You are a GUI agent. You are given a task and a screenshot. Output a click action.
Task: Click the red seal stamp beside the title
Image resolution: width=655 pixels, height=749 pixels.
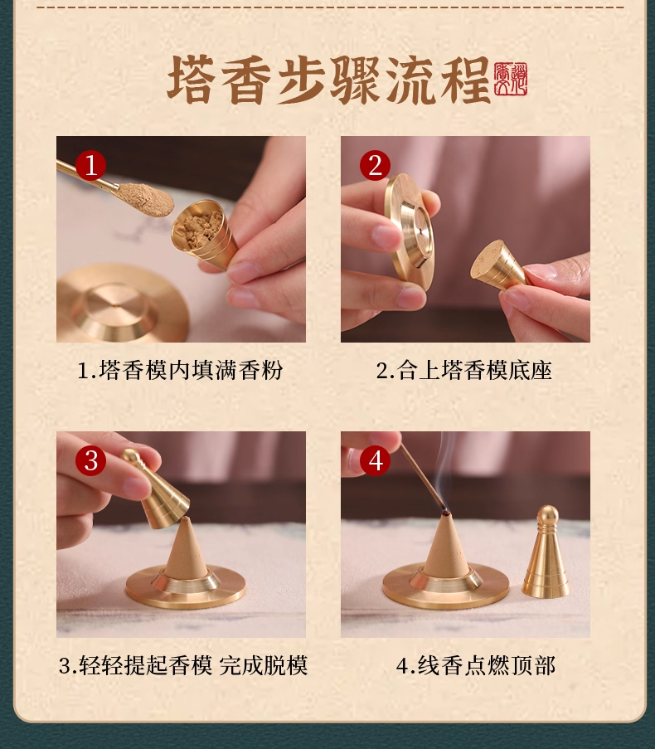coord(511,79)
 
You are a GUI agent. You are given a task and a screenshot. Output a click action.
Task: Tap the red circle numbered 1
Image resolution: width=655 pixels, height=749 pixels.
coord(91,166)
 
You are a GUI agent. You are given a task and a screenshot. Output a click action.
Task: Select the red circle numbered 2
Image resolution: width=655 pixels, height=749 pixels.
coord(375,166)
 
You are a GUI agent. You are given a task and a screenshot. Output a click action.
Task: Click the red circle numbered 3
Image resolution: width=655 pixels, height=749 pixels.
coord(91,460)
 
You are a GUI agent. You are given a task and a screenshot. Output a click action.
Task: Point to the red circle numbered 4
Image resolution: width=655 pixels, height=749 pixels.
coord(375,460)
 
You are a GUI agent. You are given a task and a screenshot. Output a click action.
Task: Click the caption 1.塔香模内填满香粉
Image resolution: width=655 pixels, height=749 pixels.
coord(180,370)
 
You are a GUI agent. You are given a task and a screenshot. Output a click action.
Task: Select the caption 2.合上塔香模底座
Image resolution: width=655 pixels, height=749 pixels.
coord(464,370)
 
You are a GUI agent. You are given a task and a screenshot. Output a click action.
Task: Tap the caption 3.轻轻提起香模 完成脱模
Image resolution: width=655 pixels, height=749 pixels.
coord(183,665)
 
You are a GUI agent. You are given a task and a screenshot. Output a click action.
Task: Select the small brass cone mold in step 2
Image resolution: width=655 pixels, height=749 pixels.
coord(497,265)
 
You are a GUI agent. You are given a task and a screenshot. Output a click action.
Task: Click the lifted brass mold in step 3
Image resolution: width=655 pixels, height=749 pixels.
coord(158,493)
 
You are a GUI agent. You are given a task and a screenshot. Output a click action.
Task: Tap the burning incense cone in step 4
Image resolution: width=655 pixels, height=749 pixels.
coord(447,551)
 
